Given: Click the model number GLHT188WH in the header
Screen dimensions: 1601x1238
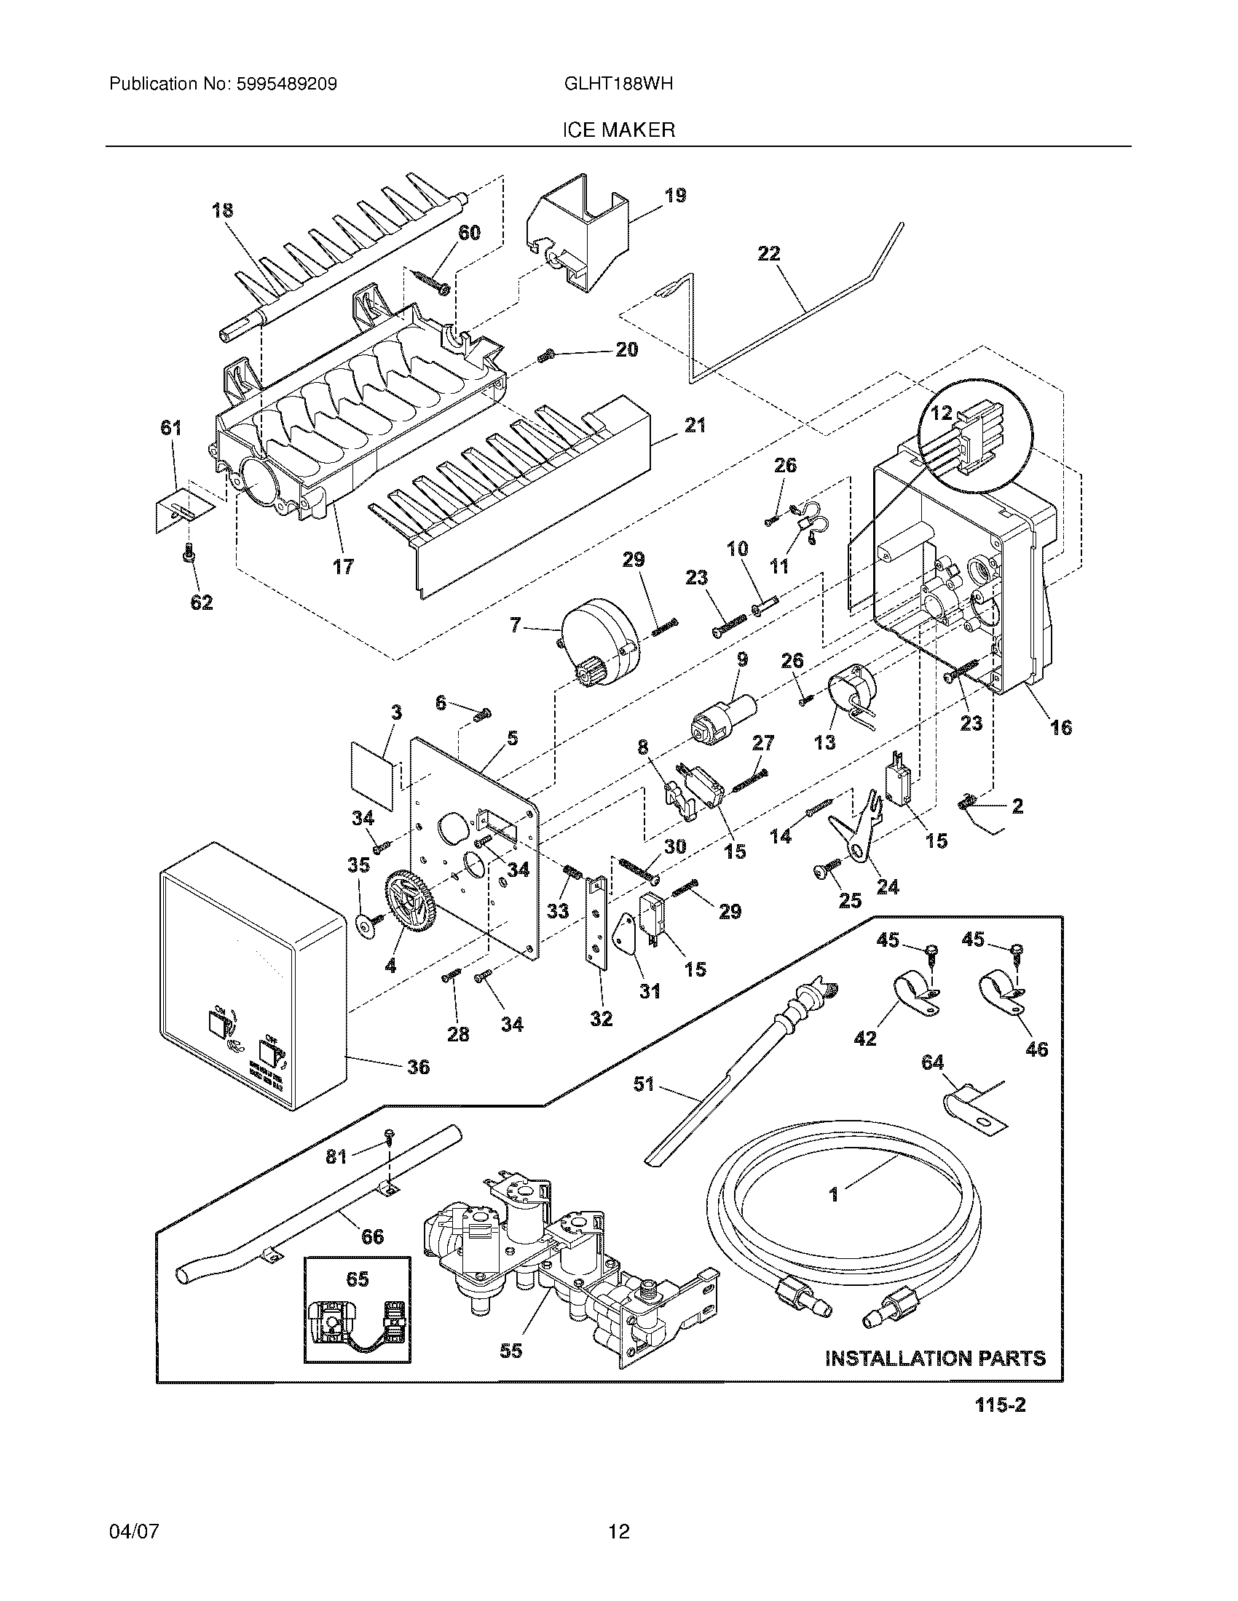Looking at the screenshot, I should click(618, 84).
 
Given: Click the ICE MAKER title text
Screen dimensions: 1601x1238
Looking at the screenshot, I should click(618, 130).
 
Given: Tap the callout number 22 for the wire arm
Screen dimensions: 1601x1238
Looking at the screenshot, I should click(768, 254).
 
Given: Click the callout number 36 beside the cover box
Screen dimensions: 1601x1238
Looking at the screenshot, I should click(418, 1067).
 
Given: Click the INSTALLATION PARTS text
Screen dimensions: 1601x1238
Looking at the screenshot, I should click(935, 1358).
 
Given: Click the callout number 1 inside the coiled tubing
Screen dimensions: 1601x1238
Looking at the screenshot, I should click(834, 1195).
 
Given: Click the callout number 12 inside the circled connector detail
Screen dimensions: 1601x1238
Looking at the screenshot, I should click(941, 413).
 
